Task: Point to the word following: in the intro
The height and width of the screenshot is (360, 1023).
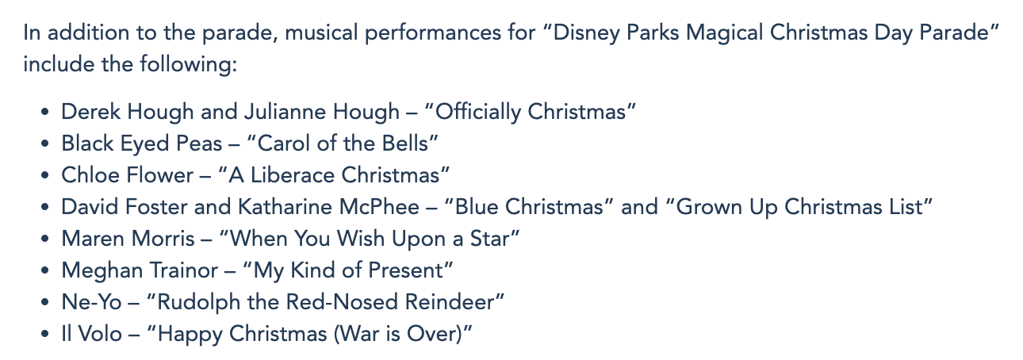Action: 189,64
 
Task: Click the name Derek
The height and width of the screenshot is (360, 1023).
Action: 91,112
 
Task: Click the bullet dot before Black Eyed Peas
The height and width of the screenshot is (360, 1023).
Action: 44,144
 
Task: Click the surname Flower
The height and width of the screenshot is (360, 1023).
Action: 159,175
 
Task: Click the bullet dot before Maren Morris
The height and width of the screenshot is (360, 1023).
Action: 44,239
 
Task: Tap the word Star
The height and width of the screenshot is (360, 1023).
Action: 489,239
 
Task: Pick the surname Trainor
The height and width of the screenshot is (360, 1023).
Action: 185,270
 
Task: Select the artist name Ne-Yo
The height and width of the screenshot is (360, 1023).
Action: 91,302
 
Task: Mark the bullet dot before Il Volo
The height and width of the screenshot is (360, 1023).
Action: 44,334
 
